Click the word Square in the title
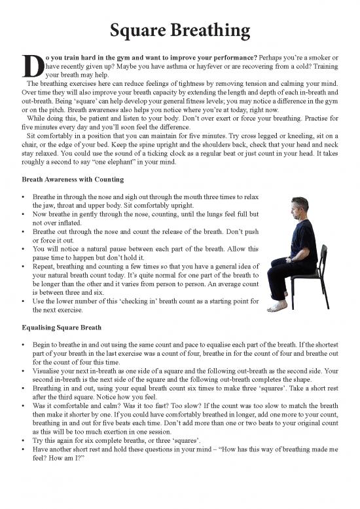[x=141, y=30]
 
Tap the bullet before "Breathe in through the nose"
[x=24, y=197]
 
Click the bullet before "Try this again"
[x=24, y=436]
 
